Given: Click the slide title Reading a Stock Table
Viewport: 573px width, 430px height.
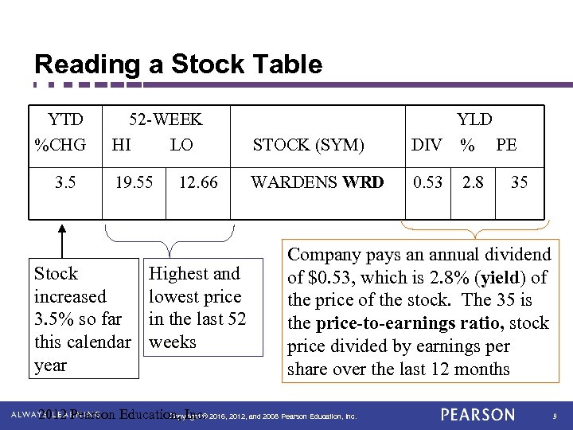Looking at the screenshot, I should point(178,64).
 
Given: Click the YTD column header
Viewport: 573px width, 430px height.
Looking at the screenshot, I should point(65,119).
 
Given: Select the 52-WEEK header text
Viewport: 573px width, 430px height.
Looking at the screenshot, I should point(166,119).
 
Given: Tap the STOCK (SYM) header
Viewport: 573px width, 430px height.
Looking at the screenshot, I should point(308,145).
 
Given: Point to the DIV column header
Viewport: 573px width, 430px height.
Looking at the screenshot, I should point(427,145).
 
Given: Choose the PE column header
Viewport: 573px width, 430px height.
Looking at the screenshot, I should point(506,145).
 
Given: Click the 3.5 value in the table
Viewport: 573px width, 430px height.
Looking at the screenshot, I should point(66,182).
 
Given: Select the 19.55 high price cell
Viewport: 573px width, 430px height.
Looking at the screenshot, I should point(134,182).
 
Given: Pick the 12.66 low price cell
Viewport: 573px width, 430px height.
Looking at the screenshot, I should point(198,182).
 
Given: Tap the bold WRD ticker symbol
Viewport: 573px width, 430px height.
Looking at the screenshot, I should point(363,182).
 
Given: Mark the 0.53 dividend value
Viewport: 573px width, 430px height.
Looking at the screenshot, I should point(427,182).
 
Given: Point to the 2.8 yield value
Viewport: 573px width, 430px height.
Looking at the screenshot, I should point(473,182).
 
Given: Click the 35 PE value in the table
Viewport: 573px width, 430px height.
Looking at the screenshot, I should point(519,182).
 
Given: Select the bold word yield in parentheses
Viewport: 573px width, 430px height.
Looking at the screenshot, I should point(499,278).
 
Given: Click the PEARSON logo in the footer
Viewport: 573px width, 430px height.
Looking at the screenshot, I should point(477,415).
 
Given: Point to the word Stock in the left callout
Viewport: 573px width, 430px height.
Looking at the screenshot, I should point(56,274).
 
